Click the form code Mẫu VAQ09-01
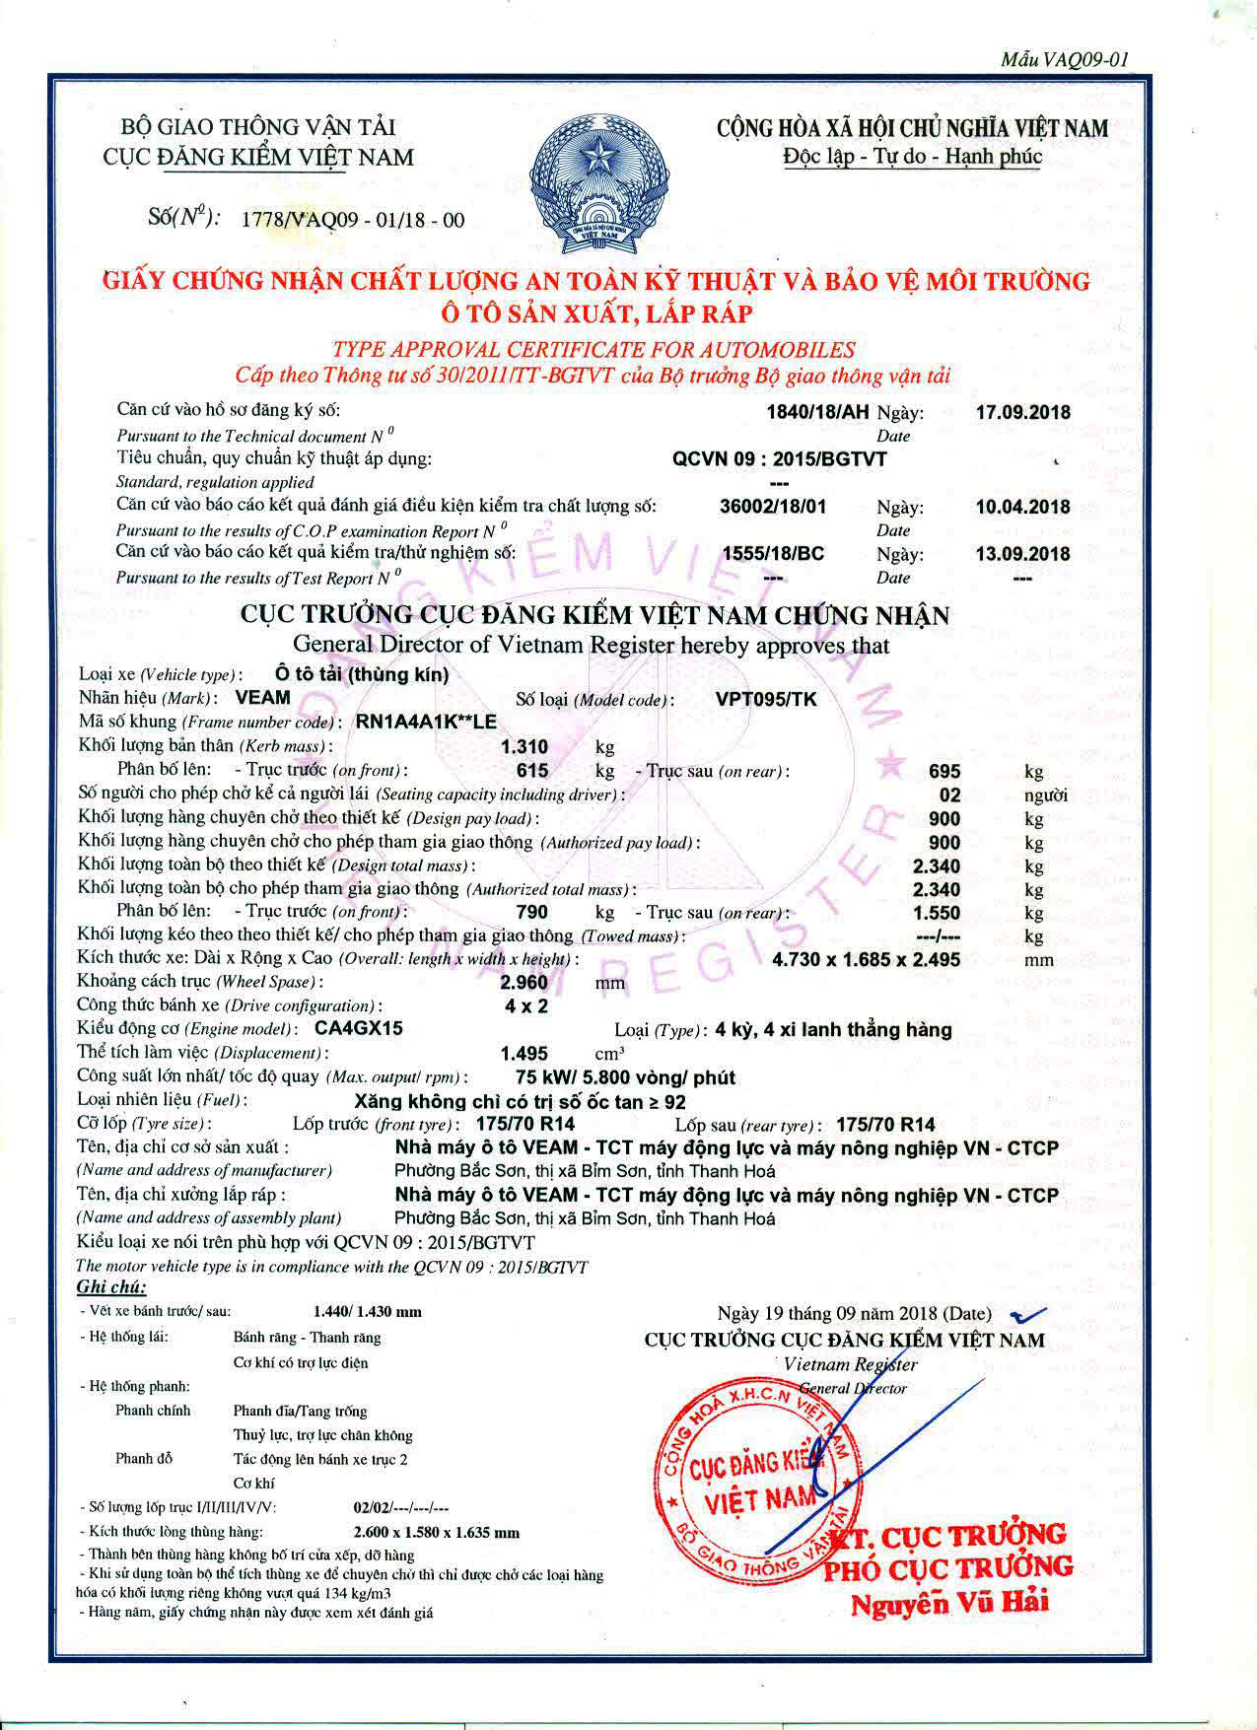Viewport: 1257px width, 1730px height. (x=1064, y=60)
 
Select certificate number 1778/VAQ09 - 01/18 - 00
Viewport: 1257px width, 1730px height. (x=352, y=220)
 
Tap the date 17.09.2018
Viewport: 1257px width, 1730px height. (x=1022, y=412)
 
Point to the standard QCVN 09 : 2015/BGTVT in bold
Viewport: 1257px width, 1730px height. (x=779, y=458)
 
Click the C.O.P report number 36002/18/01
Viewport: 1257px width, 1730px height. (x=774, y=507)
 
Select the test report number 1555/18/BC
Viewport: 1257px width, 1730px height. (x=774, y=554)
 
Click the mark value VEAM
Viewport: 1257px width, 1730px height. (x=263, y=698)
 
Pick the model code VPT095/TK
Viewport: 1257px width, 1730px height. (x=766, y=699)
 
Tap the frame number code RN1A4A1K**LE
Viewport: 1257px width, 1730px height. (x=426, y=722)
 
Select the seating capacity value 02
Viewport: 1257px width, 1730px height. (x=948, y=795)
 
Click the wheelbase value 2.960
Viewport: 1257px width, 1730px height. (x=524, y=983)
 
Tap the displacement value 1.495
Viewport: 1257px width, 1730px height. (x=524, y=1053)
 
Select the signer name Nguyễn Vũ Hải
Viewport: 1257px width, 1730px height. (x=950, y=1602)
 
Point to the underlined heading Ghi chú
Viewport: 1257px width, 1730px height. (x=111, y=1286)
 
